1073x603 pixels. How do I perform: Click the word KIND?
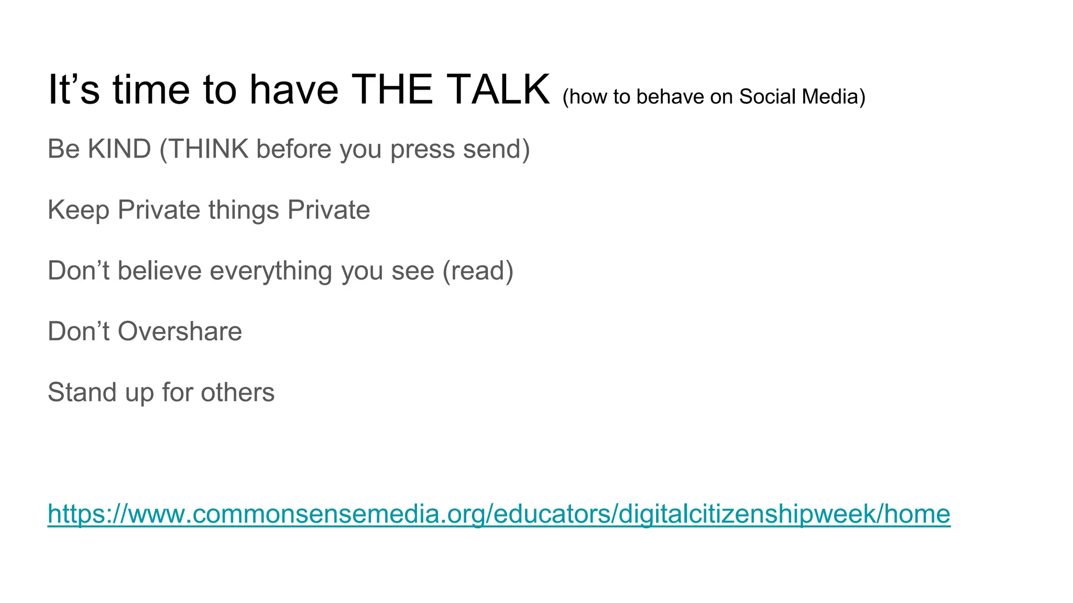click(x=119, y=149)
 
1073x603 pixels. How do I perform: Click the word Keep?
click(x=79, y=210)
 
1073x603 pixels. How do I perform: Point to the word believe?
click(x=160, y=271)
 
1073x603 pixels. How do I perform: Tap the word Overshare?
click(x=180, y=332)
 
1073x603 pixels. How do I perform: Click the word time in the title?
click(x=151, y=90)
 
